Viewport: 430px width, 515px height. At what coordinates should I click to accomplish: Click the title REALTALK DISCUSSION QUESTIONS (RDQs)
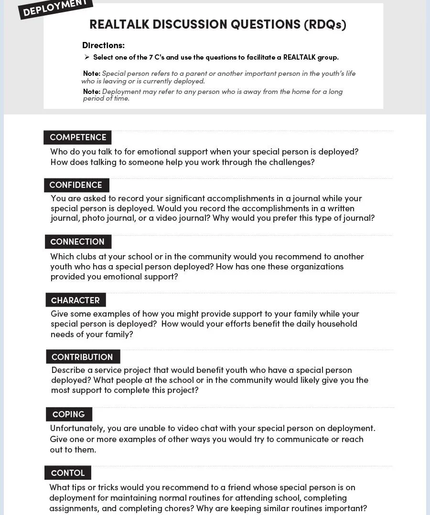pyautogui.click(x=217, y=25)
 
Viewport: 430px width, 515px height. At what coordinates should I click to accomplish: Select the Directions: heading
pyautogui.click(x=103, y=45)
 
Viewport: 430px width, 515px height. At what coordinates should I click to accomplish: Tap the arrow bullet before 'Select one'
pyautogui.click(x=87, y=57)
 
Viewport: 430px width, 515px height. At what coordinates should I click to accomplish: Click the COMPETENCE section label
pyautogui.click(x=78, y=137)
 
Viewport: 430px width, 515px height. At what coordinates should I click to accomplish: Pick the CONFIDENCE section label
pyautogui.click(x=76, y=185)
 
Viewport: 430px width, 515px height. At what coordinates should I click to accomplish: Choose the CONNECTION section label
pyautogui.click(x=77, y=242)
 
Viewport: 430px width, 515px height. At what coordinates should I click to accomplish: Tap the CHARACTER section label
pyautogui.click(x=75, y=300)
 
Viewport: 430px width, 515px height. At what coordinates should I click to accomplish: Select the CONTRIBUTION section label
pyautogui.click(x=82, y=357)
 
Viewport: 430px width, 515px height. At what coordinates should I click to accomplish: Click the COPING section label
pyautogui.click(x=69, y=414)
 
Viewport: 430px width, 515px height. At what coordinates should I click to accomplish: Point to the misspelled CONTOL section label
pyautogui.click(x=68, y=473)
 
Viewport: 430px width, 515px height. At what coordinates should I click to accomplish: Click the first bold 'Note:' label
pyautogui.click(x=91, y=73)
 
